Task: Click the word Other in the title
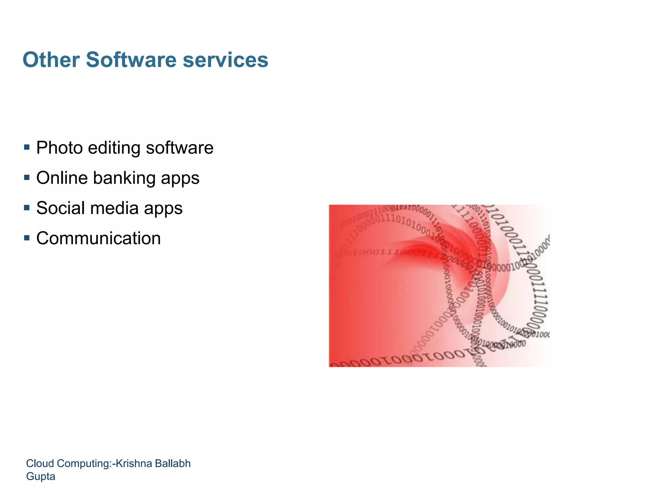pyautogui.click(x=51, y=60)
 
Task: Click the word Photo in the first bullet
pyautogui.click(x=59, y=148)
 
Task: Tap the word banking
pyautogui.click(x=124, y=178)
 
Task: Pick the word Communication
pyautogui.click(x=99, y=238)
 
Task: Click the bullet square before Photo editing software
pyautogui.click(x=27, y=147)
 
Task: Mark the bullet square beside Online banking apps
pyautogui.click(x=27, y=177)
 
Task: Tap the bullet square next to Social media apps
pyautogui.click(x=27, y=208)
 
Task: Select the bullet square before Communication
pyautogui.click(x=27, y=238)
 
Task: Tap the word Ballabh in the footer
pyautogui.click(x=175, y=463)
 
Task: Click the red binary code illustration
pyautogui.click(x=438, y=286)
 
